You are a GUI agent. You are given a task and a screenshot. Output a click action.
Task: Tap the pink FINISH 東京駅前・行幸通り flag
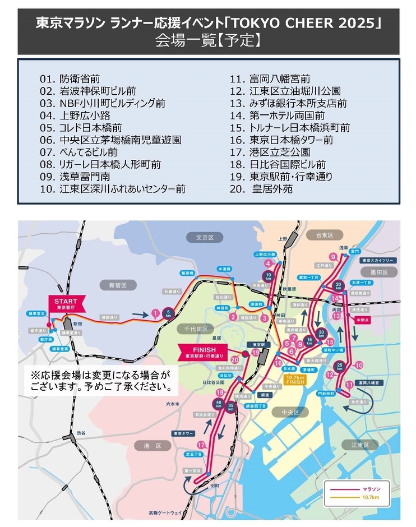[202, 351]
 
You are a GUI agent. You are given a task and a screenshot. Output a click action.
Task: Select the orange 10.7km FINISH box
[294, 380]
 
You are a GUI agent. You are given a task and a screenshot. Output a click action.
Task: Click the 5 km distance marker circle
[168, 315]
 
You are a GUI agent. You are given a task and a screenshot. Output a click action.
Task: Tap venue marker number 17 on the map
[200, 445]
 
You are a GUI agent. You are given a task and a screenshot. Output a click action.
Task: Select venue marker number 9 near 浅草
[333, 257]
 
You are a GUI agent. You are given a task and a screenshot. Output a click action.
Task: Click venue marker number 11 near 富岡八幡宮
[349, 385]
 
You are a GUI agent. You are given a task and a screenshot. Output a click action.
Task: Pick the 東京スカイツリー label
[379, 260]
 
